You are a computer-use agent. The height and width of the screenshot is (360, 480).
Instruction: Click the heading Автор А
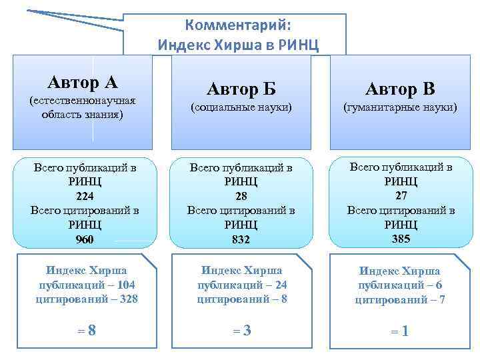[83, 82]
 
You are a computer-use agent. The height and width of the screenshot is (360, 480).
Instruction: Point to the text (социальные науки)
[241, 107]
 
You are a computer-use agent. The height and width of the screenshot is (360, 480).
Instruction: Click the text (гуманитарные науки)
[400, 107]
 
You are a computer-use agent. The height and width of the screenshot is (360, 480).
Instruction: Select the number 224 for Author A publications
[85, 196]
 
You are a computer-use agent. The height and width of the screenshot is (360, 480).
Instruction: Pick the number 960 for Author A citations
[85, 239]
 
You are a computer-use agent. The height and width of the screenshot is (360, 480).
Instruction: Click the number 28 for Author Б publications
[241, 196]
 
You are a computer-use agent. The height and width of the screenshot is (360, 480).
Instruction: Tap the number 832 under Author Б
[241, 239]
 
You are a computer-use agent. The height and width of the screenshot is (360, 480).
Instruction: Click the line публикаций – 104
[87, 285]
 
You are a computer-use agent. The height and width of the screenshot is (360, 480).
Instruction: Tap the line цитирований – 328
[87, 299]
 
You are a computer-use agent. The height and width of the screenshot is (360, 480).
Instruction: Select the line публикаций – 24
[242, 285]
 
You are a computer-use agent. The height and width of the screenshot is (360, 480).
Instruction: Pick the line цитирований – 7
[400, 300]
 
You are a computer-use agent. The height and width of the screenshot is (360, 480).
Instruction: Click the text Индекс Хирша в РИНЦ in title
[238, 45]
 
